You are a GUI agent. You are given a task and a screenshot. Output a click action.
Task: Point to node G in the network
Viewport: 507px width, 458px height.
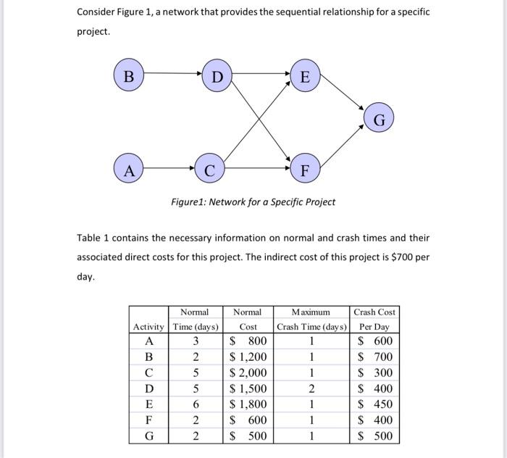379,118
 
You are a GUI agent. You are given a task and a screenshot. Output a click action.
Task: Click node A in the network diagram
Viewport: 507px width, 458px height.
128,171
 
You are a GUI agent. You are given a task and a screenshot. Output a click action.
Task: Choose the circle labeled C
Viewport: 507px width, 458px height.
209,171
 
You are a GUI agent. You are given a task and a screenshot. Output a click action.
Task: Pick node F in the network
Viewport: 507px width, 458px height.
305,171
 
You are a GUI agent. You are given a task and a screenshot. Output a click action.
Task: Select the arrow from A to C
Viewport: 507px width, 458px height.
169,171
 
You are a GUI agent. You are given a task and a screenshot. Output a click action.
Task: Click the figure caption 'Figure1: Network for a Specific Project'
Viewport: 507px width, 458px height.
253,201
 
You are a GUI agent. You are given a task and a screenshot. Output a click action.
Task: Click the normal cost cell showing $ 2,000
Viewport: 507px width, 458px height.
248,372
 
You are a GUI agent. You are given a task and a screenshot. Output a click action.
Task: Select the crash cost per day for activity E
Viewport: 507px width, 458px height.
375,404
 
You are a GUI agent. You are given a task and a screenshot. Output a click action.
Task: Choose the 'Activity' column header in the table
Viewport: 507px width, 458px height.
149,326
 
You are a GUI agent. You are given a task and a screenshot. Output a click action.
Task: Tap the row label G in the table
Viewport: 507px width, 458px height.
149,436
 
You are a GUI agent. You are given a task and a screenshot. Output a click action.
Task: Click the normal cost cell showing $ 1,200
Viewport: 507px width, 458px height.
248,357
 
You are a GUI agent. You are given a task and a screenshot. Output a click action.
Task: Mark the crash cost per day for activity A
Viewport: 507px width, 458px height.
375,341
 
